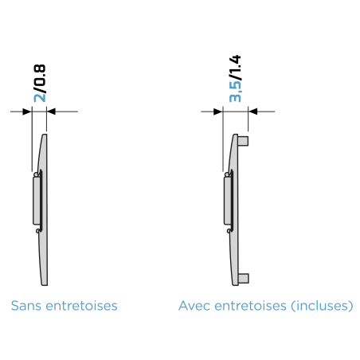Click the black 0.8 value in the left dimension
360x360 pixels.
40,75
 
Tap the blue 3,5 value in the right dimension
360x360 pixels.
235,92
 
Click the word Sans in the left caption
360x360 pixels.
26,306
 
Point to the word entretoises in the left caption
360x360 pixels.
81,306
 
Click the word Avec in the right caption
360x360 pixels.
194,306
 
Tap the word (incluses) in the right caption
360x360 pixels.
322,306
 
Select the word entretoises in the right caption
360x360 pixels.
250,306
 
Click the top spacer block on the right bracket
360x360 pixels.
243,141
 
